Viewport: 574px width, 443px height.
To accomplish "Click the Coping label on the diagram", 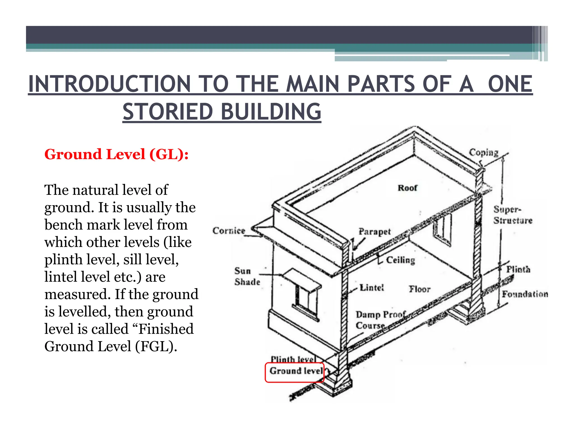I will pos(483,153).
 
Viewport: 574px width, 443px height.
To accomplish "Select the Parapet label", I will pos(374,232).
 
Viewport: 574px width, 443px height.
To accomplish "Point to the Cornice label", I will pos(229,231).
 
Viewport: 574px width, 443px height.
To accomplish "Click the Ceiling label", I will pos(400,260).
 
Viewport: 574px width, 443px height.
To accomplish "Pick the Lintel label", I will pos(372,288).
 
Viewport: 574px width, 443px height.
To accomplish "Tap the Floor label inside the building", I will pos(419,289).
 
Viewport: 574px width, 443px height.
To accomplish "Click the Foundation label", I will pos(525,294).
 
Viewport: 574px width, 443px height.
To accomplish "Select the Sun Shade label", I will pos(247,276).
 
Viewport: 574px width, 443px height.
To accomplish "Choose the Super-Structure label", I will pos(512,215).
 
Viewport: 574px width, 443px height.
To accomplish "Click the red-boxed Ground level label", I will pos(296,371).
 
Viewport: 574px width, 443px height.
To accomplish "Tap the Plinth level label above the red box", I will pos(293,359).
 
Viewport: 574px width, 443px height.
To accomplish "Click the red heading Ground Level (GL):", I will pos(116,154).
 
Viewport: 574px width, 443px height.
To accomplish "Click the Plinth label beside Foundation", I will pos(518,269).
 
